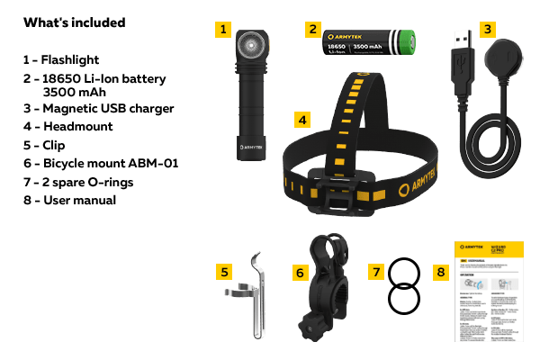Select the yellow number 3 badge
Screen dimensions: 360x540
(x=487, y=30)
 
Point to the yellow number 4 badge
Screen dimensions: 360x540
(x=302, y=119)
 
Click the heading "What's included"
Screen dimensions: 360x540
(x=74, y=22)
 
